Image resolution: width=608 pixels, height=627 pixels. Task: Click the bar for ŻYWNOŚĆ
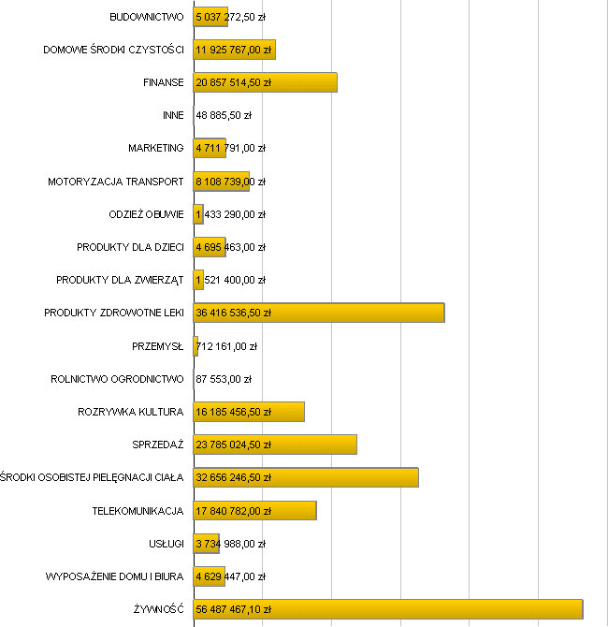[387, 609]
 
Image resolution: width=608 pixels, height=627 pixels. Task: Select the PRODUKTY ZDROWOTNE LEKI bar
[318, 313]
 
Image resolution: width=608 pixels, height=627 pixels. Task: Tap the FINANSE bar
[265, 82]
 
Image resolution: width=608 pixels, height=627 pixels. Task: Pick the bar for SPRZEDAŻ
[275, 445]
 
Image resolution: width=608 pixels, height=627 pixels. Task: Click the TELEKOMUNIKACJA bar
[254, 510]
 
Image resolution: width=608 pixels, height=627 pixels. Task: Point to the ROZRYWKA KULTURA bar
[249, 412]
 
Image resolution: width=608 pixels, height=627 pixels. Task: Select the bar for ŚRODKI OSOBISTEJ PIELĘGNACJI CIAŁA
[306, 477]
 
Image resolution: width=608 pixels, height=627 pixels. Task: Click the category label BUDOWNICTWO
[146, 17]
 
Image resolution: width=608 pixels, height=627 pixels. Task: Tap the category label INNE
[173, 115]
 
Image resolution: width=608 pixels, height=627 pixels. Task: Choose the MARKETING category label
[155, 148]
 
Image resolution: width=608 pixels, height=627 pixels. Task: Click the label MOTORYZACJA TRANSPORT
[115, 182]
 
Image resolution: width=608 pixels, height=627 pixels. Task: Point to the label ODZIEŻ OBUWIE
[146, 214]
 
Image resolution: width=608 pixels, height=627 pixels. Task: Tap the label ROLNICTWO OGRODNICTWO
[117, 379]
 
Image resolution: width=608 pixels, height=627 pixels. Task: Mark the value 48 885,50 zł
[224, 115]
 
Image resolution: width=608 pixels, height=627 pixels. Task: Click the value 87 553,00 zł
[224, 379]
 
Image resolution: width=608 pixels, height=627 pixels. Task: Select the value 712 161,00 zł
[227, 346]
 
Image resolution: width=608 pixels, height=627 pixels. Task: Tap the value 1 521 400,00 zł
[231, 280]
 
